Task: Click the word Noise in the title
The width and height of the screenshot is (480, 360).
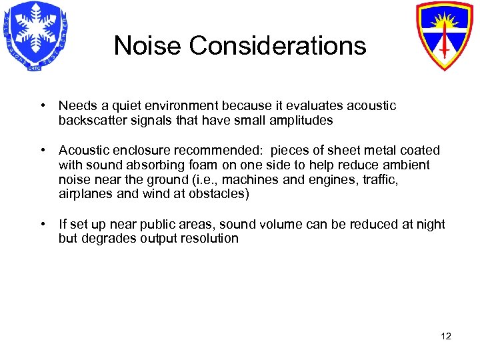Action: [147, 46]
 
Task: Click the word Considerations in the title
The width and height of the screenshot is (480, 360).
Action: [277, 46]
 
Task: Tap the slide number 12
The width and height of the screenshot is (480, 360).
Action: [446, 336]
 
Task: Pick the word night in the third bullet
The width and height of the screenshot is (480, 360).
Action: [428, 224]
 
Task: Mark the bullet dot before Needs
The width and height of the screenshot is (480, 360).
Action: [42, 106]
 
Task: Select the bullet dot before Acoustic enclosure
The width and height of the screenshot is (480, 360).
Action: [42, 151]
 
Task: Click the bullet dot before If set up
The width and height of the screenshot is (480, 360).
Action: [42, 224]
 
